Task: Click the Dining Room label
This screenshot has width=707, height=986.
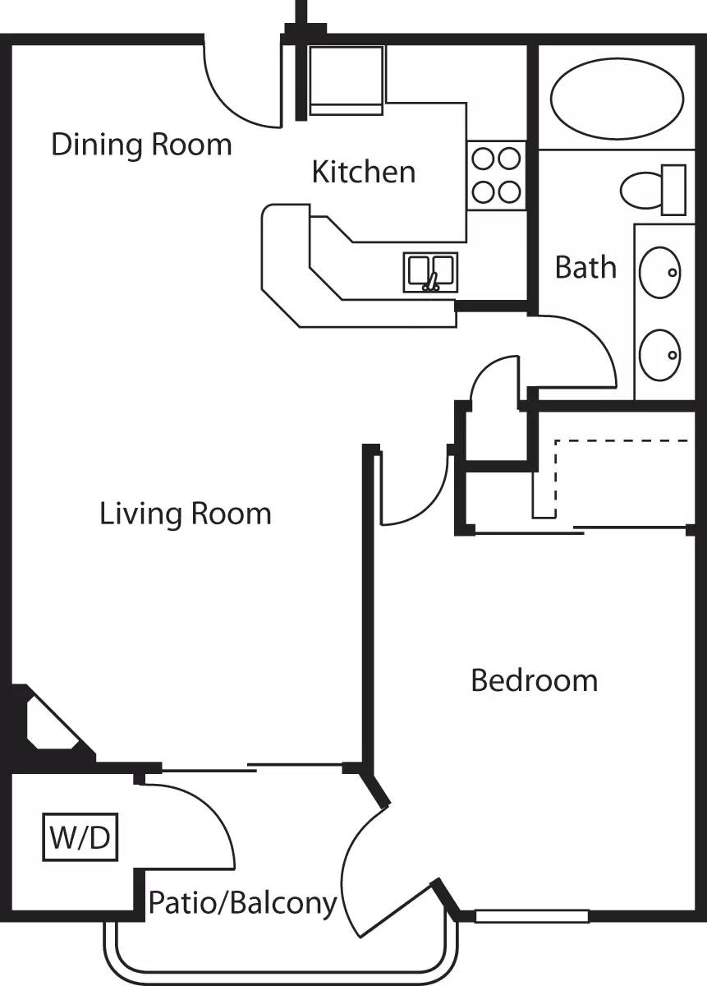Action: [141, 145]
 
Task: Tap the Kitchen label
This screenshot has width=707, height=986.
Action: [364, 172]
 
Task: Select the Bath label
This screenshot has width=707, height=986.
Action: [585, 267]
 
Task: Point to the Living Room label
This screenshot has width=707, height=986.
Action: [186, 514]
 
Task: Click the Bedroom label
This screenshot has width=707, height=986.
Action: [534, 680]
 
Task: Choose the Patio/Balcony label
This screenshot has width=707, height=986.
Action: [242, 904]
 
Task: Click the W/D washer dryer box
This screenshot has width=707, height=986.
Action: [80, 838]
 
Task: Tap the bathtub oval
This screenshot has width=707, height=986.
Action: [616, 101]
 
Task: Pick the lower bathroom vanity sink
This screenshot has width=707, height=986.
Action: [660, 355]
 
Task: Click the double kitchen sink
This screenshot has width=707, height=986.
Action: [430, 272]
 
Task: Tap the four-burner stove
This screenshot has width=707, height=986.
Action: [497, 175]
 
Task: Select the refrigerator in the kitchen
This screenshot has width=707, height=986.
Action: [346, 80]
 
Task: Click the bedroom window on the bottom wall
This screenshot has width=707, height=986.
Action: [532, 916]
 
